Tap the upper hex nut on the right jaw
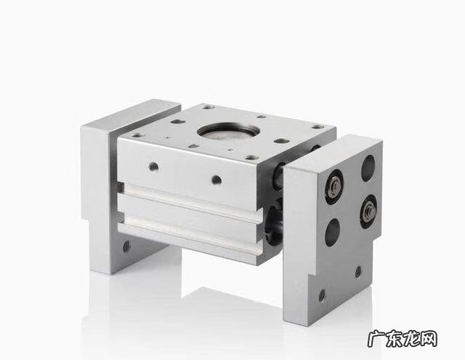pyautogui.click(x=336, y=185)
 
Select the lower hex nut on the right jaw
pyautogui.click(x=370, y=210)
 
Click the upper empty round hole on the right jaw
pyautogui.click(x=368, y=168)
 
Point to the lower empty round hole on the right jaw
pyautogui.click(x=333, y=233)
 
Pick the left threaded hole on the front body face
pyautogui.click(x=153, y=167)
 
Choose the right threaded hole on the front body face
pyautogui.click(x=217, y=179)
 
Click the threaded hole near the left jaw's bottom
pyautogui.click(x=126, y=246)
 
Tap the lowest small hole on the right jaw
pyautogui.click(x=322, y=295)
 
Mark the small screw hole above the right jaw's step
pyautogui.click(x=358, y=271)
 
